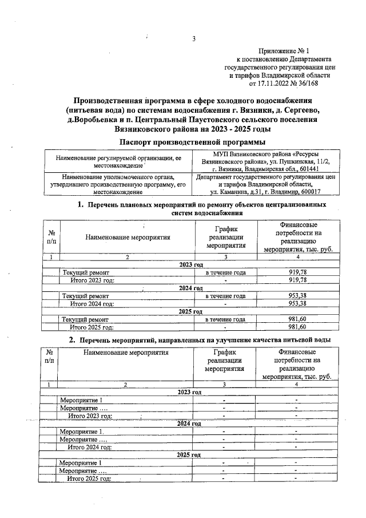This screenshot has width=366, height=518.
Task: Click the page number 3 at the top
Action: [194, 39]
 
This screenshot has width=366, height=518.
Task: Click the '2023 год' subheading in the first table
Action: [192, 264]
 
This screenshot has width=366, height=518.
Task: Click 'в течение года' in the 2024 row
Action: [225, 296]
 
